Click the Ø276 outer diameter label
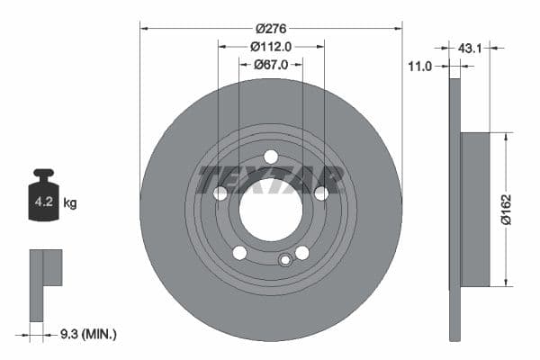271,29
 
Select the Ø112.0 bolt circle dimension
271,47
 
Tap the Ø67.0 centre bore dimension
271,65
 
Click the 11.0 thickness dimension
420,66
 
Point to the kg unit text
70,203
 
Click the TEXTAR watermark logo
271,178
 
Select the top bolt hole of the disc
271,157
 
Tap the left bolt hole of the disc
220,193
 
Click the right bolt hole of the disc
321,193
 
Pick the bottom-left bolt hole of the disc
239,252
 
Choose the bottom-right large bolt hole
302,252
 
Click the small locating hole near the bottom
285,261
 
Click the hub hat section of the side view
475,210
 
